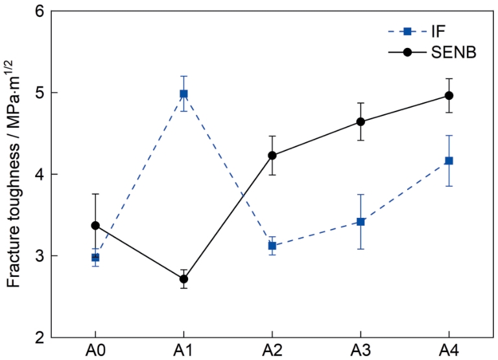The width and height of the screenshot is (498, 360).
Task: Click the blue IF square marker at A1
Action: [x=184, y=93]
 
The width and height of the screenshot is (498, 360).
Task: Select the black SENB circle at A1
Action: [x=184, y=279]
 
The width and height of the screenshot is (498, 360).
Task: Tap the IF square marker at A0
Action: [x=95, y=257]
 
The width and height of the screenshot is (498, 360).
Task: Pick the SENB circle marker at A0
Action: [x=95, y=225]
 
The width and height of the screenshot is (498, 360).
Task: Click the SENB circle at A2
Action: [x=272, y=155]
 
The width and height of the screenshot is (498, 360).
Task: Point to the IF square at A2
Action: [x=272, y=246]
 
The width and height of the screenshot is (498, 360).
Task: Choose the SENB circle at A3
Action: [x=361, y=121]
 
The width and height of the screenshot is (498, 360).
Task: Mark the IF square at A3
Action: [x=361, y=222]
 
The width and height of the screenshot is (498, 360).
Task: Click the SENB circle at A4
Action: [x=449, y=95]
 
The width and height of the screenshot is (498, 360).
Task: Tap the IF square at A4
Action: [x=449, y=160]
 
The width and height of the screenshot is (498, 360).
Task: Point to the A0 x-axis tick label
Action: [x=95, y=351]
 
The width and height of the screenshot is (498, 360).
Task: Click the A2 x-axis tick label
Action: [x=272, y=351]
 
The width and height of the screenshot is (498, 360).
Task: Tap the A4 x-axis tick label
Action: [x=449, y=351]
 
